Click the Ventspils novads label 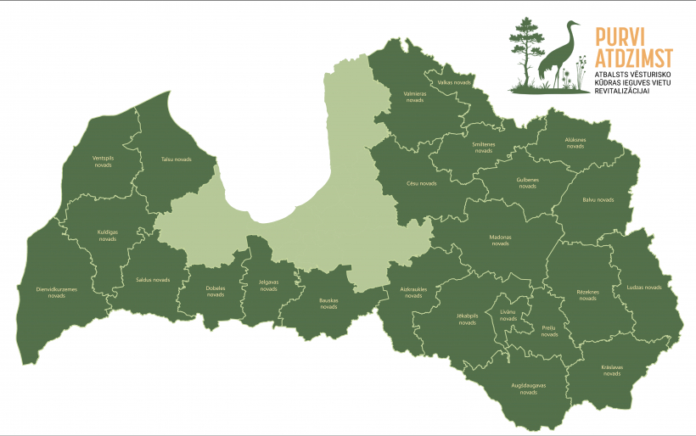[x=102, y=161]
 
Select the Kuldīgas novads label [x=107, y=236]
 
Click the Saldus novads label [x=153, y=279]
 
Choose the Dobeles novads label [x=216, y=291]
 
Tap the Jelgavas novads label [x=268, y=286]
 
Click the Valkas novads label [x=454, y=82]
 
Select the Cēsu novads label [x=422, y=183]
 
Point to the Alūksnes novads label [x=575, y=143]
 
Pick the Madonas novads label [x=501, y=240]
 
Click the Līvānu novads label [x=508, y=316]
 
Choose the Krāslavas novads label [x=612, y=370]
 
